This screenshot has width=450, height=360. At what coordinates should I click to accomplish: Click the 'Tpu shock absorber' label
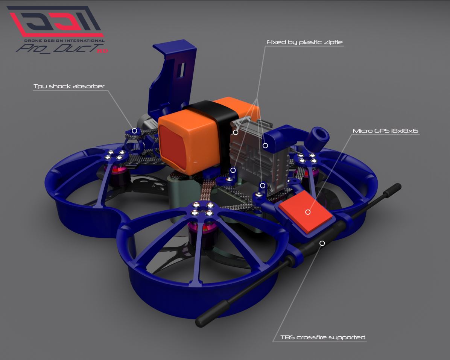point(69,86)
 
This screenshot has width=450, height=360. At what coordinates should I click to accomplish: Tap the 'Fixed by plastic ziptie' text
point(304,42)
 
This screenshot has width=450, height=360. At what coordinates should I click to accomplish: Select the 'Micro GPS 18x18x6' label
point(385,131)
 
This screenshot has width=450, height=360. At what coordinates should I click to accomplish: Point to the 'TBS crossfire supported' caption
point(323,337)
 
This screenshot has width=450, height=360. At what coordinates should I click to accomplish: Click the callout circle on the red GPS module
point(308,212)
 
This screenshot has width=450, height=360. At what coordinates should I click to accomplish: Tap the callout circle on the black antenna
point(322,243)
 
